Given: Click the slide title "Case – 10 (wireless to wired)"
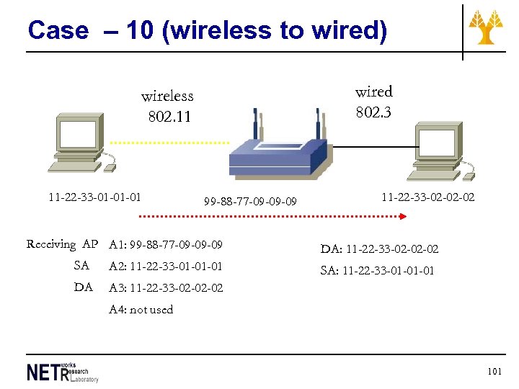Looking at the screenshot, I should (x=207, y=30).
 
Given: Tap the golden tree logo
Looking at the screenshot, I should (x=486, y=27).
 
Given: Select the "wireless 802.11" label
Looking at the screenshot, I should (x=167, y=106).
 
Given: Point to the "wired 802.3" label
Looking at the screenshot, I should (x=373, y=102).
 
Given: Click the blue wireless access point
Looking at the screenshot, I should (x=280, y=155).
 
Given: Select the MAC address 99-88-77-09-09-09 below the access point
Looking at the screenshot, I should (x=250, y=202).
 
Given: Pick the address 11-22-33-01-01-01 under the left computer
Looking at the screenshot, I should (x=94, y=197).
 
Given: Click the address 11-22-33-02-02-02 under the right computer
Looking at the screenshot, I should (x=428, y=197).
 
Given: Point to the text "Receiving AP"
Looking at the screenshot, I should (x=62, y=244).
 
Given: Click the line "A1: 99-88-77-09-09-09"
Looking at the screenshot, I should (x=166, y=245).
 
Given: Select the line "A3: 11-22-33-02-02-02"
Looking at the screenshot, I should (x=166, y=288).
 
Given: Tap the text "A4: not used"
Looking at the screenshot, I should (x=141, y=310).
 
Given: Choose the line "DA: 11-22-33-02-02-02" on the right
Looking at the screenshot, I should (x=379, y=250).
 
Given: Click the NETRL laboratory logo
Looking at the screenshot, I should (x=62, y=372).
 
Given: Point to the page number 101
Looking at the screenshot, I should (x=494, y=372).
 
